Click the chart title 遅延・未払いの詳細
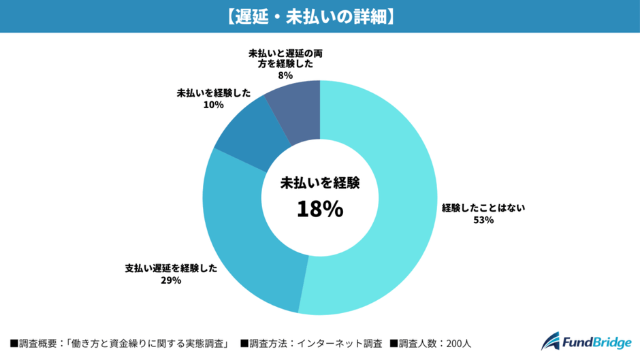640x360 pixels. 319,16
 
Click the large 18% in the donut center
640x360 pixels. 319,210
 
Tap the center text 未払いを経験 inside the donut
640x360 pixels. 319,182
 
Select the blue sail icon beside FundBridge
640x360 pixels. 551,341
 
